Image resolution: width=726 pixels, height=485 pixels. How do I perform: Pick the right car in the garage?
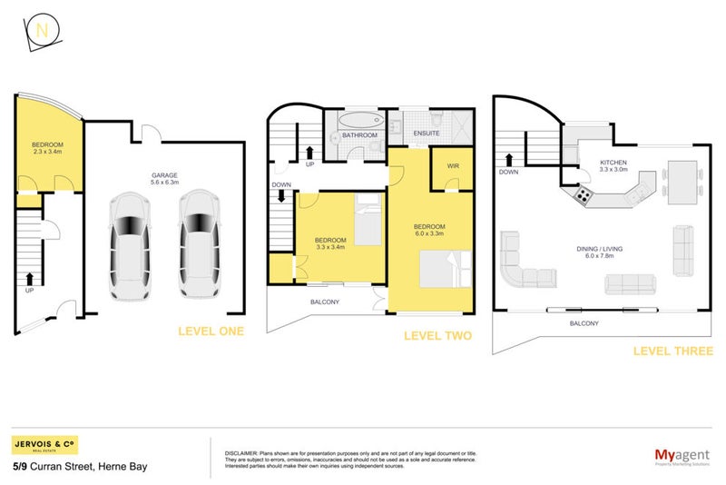tap(197, 244)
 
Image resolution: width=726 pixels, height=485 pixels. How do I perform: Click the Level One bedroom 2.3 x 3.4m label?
tap(46, 149)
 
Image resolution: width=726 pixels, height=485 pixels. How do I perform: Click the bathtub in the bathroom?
tap(361, 122)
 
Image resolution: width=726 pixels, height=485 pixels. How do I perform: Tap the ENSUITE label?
tap(427, 134)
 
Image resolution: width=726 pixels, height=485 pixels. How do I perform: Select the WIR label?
tap(452, 166)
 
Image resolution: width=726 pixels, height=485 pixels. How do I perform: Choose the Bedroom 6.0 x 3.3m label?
tap(429, 231)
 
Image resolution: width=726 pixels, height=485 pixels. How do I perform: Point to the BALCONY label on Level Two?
tap(325, 302)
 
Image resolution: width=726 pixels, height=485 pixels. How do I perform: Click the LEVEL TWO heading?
tap(437, 336)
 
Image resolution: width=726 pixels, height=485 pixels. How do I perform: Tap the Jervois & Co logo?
tap(44, 446)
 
